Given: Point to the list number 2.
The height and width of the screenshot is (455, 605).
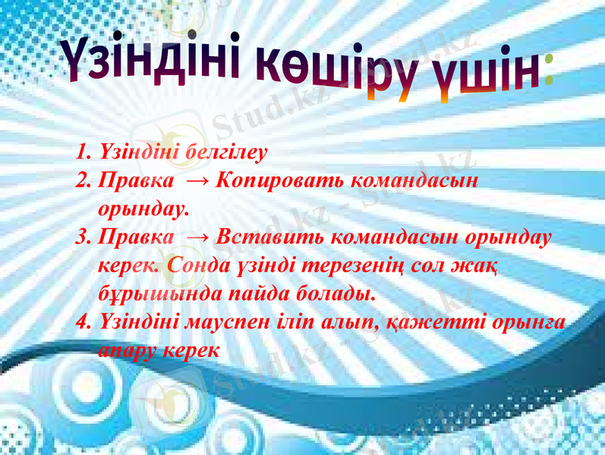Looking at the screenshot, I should (83, 181).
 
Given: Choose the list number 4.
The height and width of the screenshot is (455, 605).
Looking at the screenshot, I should (83, 322).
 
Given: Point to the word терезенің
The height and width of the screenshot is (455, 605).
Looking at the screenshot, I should (344, 265).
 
